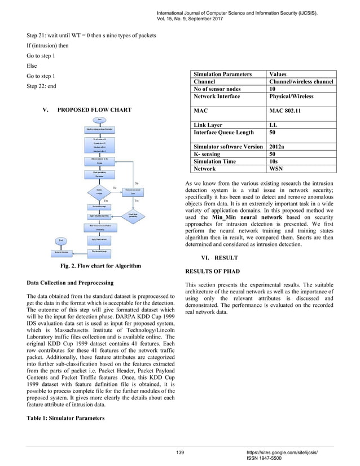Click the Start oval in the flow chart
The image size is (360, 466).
(100, 120)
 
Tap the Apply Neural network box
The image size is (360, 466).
(100, 239)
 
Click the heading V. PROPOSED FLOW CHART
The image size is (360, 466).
(91, 108)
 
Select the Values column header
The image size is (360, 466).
(278, 74)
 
